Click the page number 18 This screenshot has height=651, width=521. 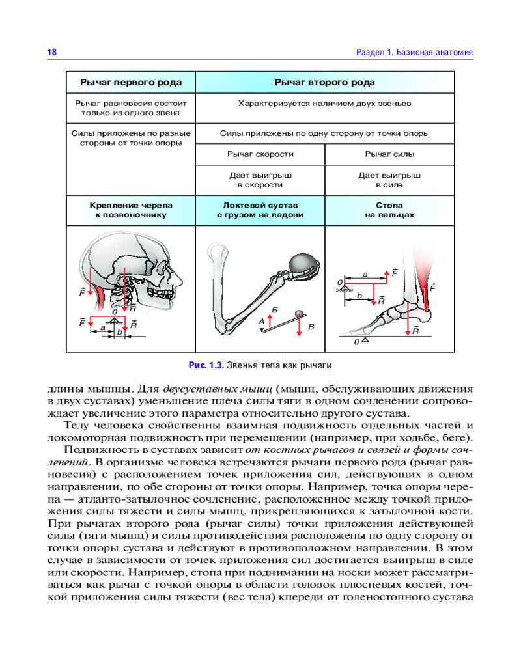(x=52, y=52)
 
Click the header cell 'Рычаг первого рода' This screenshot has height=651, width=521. (x=131, y=83)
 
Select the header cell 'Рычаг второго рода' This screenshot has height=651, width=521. (x=324, y=83)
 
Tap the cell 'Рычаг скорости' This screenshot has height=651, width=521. (x=260, y=154)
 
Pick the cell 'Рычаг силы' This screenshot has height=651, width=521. (x=389, y=154)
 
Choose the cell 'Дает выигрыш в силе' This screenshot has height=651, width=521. (x=389, y=180)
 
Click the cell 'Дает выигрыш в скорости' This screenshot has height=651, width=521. (x=260, y=180)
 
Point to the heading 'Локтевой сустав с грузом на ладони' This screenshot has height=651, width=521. (x=260, y=209)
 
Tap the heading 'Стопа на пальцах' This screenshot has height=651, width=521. (x=389, y=209)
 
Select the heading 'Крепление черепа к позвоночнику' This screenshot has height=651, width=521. (x=131, y=209)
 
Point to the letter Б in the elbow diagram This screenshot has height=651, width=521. (x=275, y=307)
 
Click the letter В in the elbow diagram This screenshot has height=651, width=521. (x=311, y=326)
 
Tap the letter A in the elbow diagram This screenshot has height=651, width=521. (x=262, y=321)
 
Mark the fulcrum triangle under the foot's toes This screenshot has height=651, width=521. (x=365, y=340)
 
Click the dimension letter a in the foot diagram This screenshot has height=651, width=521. (x=365, y=275)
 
